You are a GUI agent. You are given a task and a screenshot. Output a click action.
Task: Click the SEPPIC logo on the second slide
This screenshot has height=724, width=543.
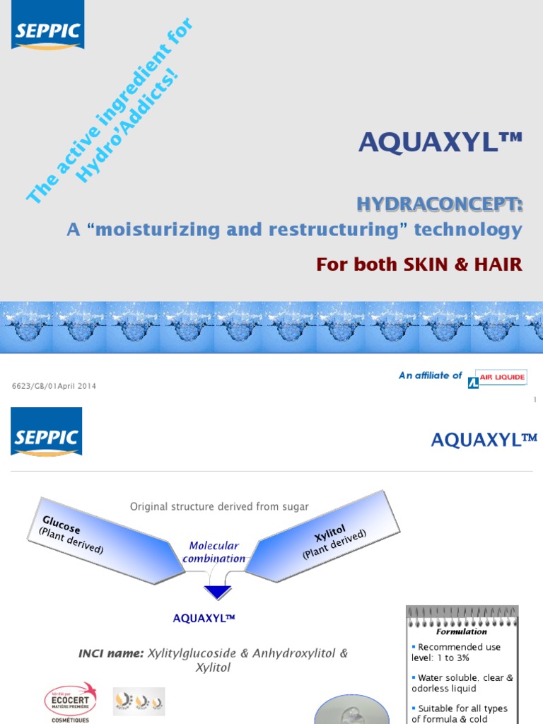click(46, 432)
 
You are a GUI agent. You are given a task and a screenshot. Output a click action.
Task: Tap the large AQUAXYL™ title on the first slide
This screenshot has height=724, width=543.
click(440, 143)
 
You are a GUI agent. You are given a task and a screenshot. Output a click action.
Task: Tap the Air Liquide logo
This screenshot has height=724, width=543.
click(498, 378)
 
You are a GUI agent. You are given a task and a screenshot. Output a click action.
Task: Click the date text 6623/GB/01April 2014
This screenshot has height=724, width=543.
click(54, 386)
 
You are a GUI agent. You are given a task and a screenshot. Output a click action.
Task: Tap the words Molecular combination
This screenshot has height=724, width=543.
click(214, 552)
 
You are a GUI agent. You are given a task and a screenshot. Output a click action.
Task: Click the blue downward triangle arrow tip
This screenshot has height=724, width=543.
click(217, 592)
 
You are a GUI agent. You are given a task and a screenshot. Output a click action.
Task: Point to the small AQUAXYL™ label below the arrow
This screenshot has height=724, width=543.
click(204, 618)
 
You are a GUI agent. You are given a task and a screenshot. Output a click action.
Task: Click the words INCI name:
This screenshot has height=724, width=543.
click(111, 653)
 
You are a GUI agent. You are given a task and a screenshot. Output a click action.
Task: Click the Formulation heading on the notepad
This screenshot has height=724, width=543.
click(461, 631)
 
